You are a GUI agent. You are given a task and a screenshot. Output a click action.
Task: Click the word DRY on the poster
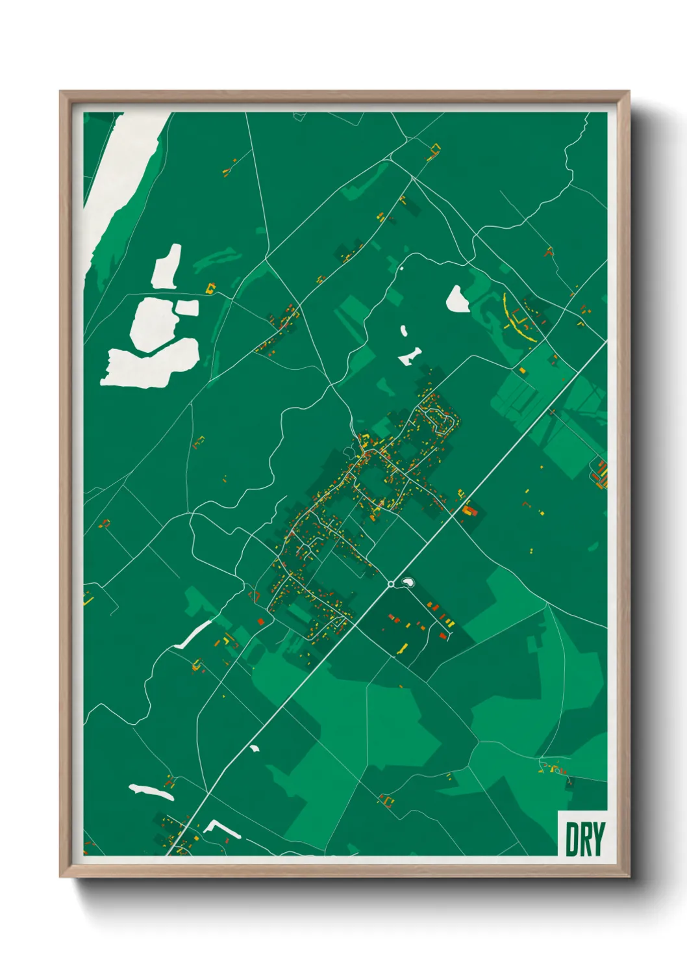pos(585,839)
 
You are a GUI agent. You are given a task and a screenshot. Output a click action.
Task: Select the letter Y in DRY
pos(599,839)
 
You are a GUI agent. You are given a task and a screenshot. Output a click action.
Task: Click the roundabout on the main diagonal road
pos(391,584)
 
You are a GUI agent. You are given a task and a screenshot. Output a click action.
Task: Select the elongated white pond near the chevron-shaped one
pos(151,792)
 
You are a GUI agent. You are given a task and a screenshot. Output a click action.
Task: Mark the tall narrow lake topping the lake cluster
pos(166,266)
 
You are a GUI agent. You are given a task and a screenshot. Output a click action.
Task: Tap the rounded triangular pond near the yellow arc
pos(457,300)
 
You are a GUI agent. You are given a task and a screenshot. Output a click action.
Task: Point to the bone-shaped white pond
pos(410,356)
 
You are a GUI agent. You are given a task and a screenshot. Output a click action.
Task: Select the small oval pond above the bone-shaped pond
pos(404,331)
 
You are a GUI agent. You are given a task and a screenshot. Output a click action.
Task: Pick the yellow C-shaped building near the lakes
pos(210,288)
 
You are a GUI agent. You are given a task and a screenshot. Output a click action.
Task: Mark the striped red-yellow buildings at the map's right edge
pos(601,474)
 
